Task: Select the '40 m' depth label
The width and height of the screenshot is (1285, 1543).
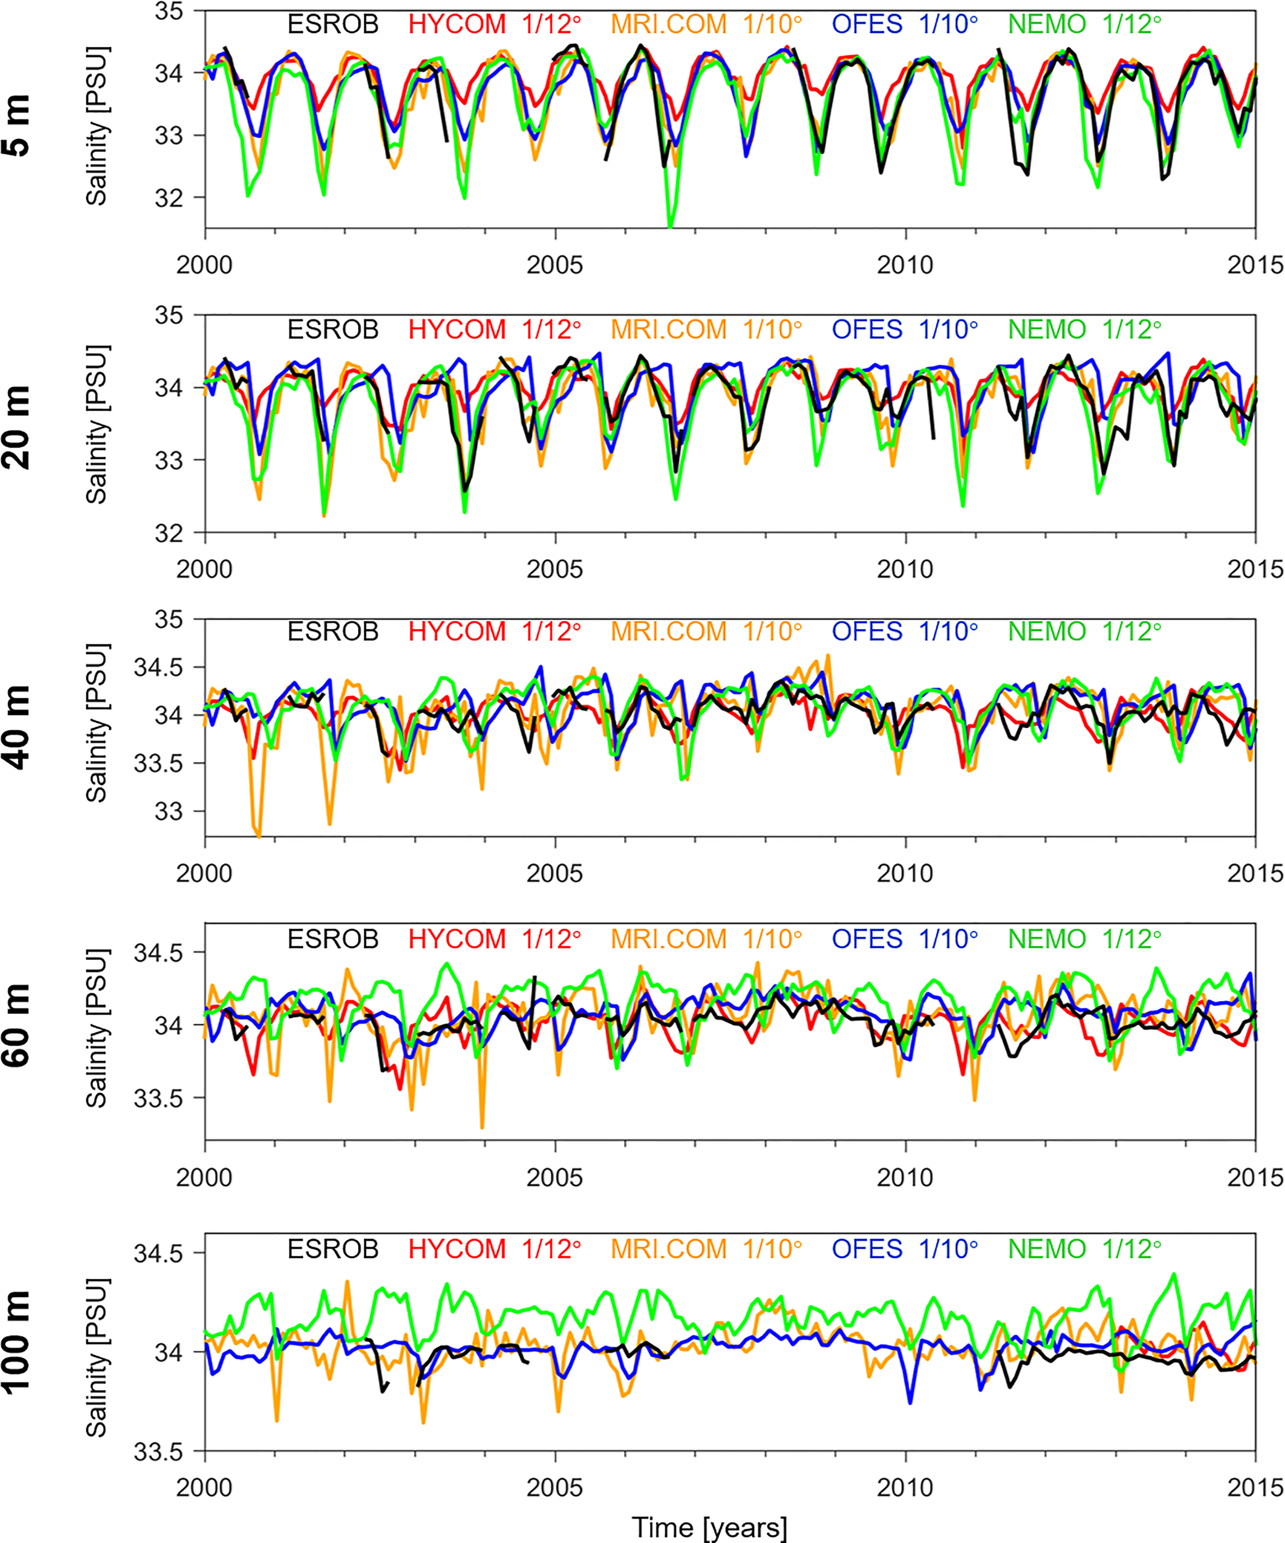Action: point(18,728)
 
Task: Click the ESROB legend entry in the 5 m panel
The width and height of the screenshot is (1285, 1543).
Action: point(333,24)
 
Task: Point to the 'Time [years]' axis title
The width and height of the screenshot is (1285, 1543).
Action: point(709,1527)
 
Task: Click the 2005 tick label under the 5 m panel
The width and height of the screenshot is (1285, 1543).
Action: point(555,265)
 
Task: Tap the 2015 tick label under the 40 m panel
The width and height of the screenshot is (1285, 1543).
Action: point(1255,873)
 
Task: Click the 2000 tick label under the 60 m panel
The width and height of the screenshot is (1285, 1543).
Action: point(204,1178)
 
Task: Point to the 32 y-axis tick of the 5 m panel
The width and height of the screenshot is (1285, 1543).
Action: point(169,198)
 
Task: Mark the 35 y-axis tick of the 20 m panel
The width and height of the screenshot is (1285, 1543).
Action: point(169,315)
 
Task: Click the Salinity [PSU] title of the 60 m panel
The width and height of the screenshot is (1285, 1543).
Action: point(97,1029)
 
